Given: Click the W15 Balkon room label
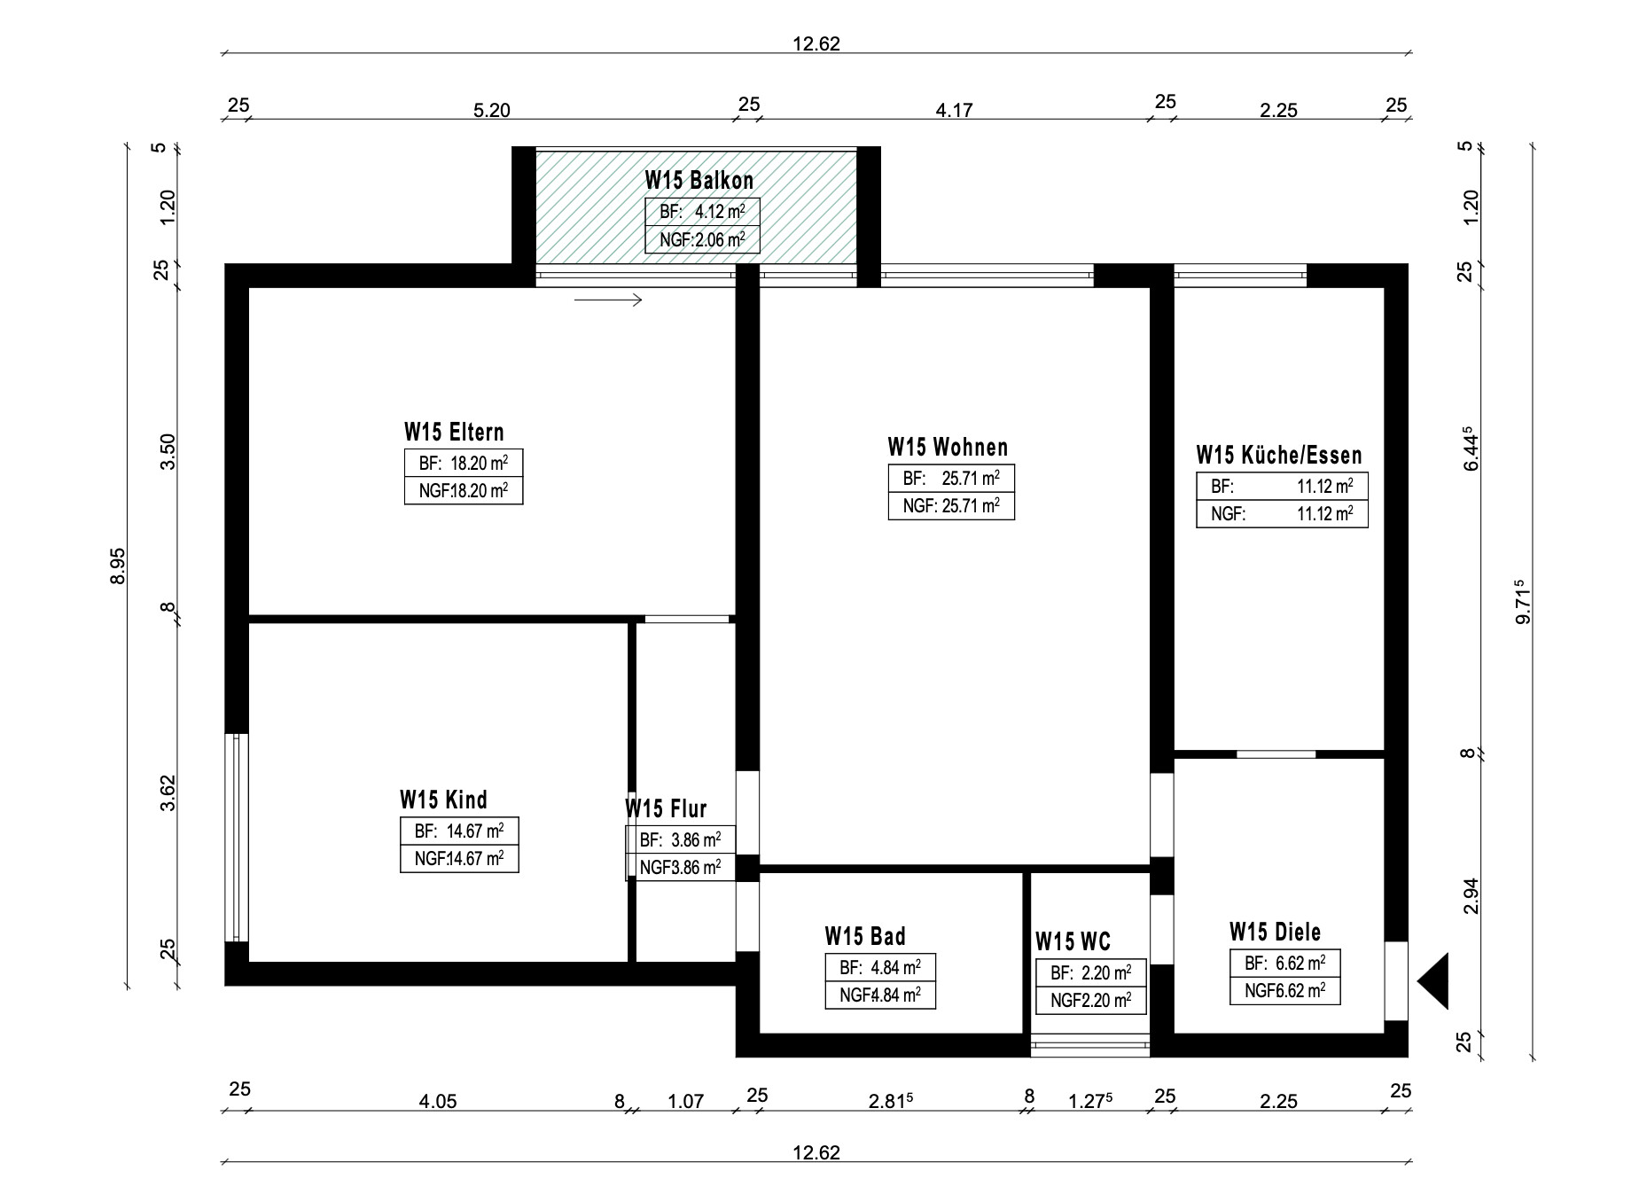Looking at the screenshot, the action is [x=699, y=180].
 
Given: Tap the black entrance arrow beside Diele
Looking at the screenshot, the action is [x=1433, y=981].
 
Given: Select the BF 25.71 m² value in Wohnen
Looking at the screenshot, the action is [x=951, y=479].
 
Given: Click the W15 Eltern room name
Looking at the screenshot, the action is [x=454, y=432].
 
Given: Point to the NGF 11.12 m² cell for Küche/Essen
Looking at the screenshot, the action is [x=1282, y=514].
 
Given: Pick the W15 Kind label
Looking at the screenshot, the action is [x=443, y=800].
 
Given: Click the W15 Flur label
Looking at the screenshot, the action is [x=666, y=808].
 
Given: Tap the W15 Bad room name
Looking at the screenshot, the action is [x=865, y=936].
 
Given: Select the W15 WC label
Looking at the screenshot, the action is [x=1073, y=941].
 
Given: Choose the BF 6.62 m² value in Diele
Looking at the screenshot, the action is [x=1285, y=964].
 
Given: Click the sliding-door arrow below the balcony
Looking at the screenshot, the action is [x=608, y=300].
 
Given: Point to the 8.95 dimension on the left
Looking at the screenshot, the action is [x=118, y=566].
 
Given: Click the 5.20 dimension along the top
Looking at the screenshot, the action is [x=492, y=111].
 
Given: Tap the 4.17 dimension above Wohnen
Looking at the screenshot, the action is [x=955, y=111].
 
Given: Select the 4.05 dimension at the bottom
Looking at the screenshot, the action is [x=438, y=1102].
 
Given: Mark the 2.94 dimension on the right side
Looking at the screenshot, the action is [x=1471, y=896].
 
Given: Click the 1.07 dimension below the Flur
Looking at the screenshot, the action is [x=685, y=1102].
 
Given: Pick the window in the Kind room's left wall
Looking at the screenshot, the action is [x=237, y=838].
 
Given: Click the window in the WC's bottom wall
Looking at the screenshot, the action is [x=1090, y=1046].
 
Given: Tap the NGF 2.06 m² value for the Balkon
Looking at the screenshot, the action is [x=702, y=239].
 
